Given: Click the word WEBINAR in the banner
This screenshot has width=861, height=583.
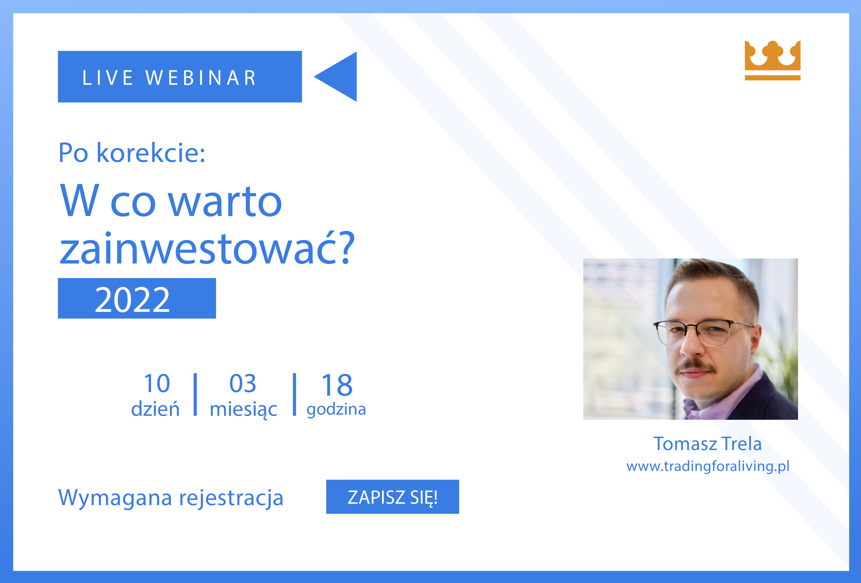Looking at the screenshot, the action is pos(201,78).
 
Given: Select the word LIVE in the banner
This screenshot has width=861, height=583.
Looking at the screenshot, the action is pos(107,78).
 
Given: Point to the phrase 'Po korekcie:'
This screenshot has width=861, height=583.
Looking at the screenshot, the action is pos(132,153).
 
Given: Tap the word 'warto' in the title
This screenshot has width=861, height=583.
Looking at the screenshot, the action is pos(225,201).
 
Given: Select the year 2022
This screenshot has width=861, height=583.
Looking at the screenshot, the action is pos(132,300).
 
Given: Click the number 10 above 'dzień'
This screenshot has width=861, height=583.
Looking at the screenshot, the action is pos(157,384).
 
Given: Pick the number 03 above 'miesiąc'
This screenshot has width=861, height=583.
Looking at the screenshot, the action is pos(243,384).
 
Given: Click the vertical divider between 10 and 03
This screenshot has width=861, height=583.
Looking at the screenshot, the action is pos(195,395).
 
